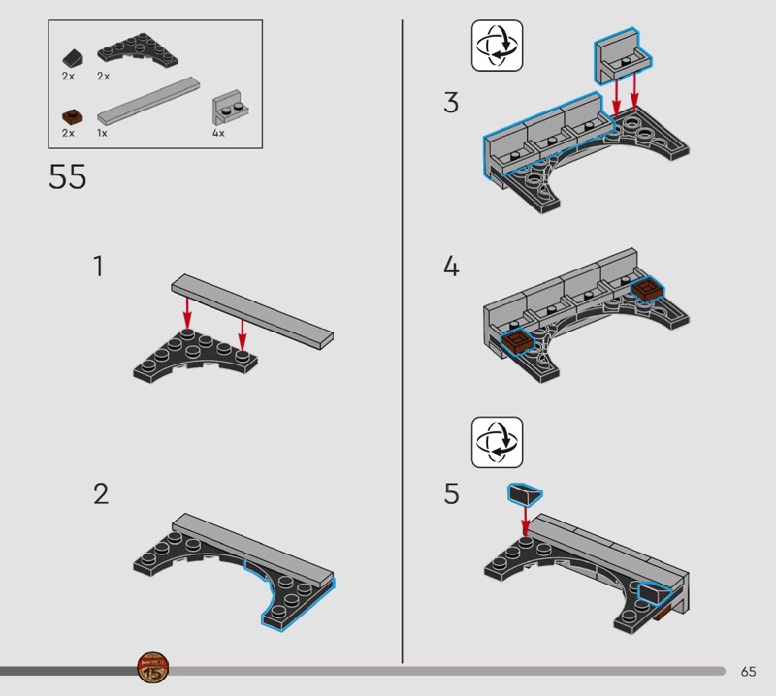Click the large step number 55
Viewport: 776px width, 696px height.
[67, 176]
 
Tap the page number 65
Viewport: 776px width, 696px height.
[748, 671]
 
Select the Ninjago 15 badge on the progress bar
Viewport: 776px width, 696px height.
[153, 668]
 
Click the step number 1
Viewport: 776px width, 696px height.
[99, 267]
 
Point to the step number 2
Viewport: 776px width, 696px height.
[101, 493]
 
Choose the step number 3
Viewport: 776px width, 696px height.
[451, 103]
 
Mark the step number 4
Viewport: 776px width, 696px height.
[451, 267]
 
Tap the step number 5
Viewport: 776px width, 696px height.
[451, 493]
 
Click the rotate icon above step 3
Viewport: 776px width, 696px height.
[497, 46]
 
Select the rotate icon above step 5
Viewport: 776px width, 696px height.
[497, 442]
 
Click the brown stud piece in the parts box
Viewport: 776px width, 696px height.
[72, 117]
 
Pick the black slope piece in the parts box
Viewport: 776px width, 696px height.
[73, 58]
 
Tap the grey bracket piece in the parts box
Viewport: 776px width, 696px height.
[230, 108]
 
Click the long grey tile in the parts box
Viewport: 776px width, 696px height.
[148, 101]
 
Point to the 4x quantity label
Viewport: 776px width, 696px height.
[218, 133]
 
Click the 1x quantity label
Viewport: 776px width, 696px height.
[102, 133]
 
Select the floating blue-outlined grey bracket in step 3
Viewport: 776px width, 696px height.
[623, 55]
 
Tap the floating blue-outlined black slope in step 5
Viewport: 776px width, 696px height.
[525, 494]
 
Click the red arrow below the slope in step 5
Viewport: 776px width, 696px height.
[525, 521]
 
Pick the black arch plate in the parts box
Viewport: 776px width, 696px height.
[138, 50]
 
